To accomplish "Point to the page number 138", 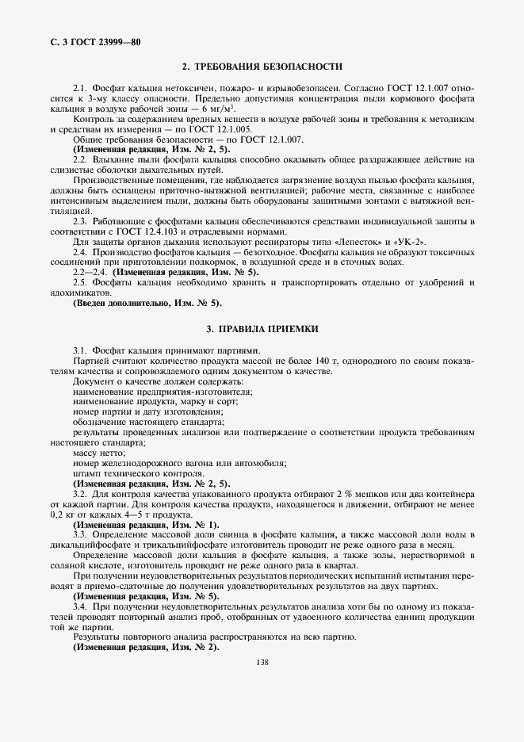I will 262,663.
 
